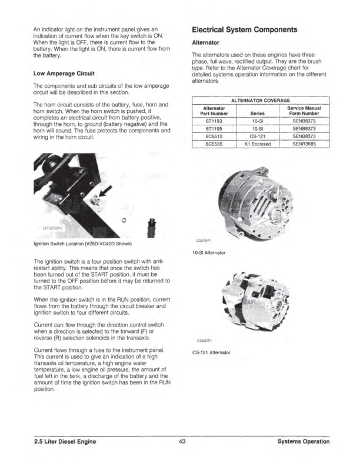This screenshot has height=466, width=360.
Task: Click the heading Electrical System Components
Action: click(245, 29)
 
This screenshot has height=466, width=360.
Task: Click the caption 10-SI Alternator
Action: click(211, 253)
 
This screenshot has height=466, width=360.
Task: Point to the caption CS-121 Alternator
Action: click(212, 352)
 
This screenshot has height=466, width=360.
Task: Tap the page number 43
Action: click(181, 441)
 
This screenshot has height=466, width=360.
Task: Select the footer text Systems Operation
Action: click(304, 441)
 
